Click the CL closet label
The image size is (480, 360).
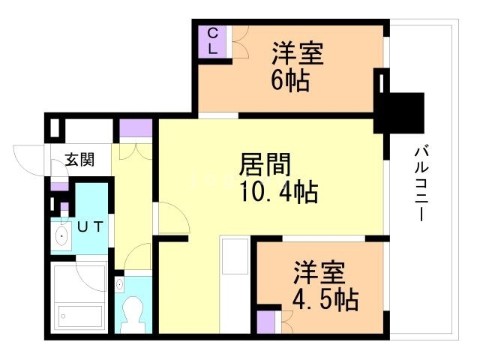[x=211, y=40]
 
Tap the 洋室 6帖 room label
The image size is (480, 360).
[x=297, y=67]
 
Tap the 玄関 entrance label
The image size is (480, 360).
[x=79, y=159]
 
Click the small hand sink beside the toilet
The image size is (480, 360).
[x=120, y=286]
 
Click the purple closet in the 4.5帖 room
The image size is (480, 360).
[x=265, y=322]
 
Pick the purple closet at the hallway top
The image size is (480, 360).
[x=136, y=127]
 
